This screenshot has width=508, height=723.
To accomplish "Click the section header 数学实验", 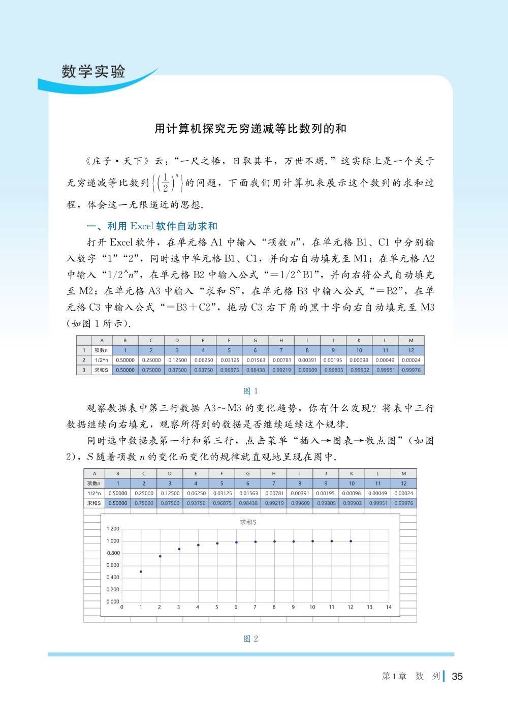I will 93,72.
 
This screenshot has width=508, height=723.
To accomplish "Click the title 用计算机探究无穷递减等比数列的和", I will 250,129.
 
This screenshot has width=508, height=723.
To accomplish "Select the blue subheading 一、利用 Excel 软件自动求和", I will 152,226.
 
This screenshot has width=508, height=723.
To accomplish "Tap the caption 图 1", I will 250,391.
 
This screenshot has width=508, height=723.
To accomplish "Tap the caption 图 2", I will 250,639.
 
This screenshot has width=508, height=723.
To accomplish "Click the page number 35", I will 457,676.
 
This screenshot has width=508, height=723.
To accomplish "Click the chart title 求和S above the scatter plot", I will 248,522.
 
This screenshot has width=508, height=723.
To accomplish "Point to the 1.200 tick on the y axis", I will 113,529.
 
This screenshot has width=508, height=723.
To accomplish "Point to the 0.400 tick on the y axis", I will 113,578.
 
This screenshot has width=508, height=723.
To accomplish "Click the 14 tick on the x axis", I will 389,607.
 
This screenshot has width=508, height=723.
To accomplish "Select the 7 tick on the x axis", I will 255,607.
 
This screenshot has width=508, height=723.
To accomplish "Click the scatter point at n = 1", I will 141,571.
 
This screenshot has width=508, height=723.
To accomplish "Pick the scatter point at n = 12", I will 351,541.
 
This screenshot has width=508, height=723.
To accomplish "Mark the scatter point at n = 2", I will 160,556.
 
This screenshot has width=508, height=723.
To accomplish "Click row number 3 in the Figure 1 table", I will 84,370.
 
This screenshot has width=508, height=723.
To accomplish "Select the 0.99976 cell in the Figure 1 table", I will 411,370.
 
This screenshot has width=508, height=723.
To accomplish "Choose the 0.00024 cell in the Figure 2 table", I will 404,493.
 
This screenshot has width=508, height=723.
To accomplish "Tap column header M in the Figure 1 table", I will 411,341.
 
